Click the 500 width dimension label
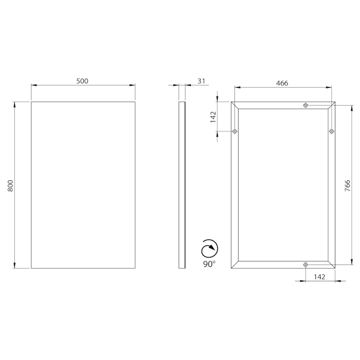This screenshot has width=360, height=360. coord(82,81)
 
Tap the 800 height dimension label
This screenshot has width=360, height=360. coord(10,185)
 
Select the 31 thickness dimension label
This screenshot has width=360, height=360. coord(201,81)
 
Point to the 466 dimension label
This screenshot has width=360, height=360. coord(282,83)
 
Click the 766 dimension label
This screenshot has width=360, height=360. coord(347,186)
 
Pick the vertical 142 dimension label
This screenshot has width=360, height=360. coord(213,117)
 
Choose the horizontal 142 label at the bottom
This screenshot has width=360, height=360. coord(319,277)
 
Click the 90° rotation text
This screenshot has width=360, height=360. coord(209,264)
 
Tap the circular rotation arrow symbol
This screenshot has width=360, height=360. coord(210,248)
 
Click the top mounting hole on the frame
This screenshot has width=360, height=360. coord(306,105)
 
